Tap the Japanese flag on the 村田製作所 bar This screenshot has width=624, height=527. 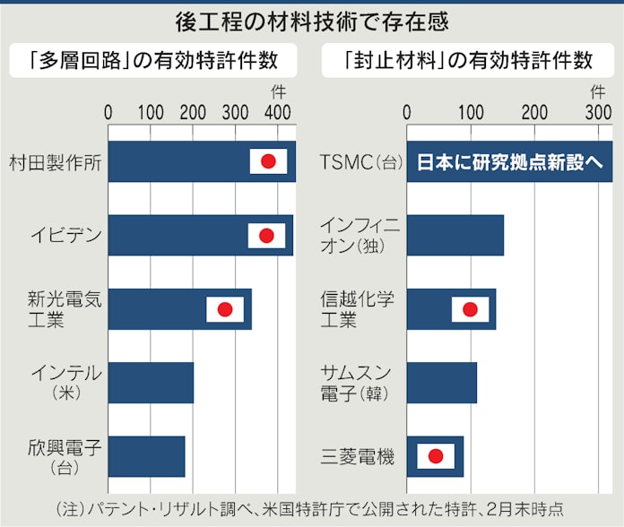[x=267, y=161]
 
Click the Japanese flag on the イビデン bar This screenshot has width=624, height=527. [x=266, y=236]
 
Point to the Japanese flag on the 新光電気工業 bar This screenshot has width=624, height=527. [x=225, y=309]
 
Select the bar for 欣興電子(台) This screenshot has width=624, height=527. [x=146, y=456]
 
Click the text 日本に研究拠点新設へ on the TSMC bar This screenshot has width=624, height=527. [x=509, y=162]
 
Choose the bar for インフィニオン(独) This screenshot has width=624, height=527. [x=455, y=236]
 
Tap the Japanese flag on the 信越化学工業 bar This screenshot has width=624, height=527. [x=470, y=309]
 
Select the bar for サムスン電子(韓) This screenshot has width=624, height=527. [x=441, y=383]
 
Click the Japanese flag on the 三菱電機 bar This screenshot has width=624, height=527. [x=435, y=456]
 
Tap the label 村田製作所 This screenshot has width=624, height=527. [x=55, y=162]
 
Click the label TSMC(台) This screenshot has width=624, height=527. [x=358, y=162]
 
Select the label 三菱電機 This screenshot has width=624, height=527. [x=357, y=457]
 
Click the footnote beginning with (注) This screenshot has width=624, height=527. [x=310, y=508]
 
